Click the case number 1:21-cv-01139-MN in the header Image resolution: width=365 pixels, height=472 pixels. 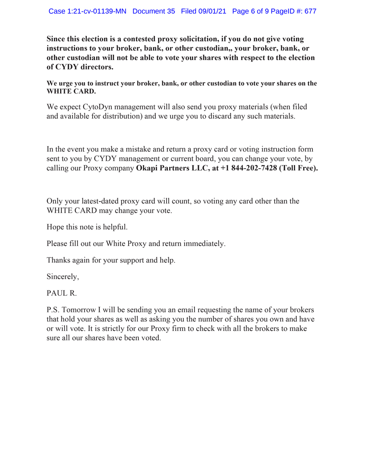point(88,11)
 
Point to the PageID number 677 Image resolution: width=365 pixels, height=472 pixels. point(309,11)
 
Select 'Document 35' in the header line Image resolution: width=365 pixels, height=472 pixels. point(154,11)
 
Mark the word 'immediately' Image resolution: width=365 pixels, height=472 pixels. point(204,243)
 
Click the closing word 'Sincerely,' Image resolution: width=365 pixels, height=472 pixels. point(63,276)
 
